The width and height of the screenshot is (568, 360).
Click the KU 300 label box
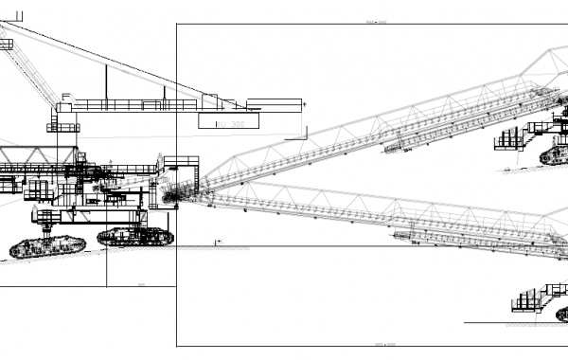(x=227, y=121)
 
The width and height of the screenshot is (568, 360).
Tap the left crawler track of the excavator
(x=47, y=246)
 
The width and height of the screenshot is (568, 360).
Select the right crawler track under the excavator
(x=135, y=237)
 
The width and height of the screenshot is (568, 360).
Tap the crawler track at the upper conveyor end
(x=555, y=153)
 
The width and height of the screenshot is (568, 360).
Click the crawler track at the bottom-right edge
(x=561, y=314)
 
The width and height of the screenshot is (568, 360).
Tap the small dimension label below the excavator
(x=141, y=283)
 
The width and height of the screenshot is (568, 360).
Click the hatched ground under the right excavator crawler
(x=142, y=249)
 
